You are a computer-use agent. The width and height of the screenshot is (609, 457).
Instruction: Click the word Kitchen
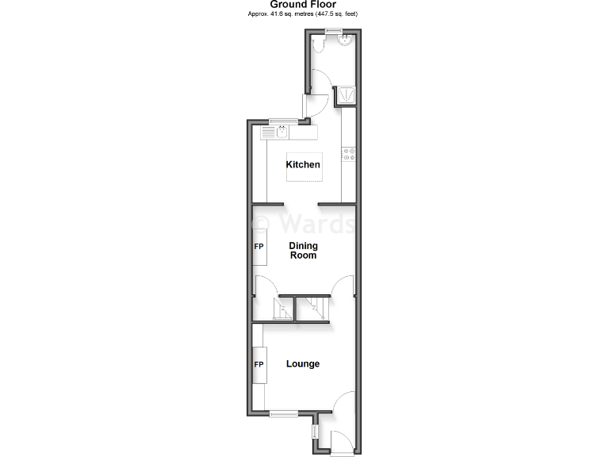pyautogui.click(x=303, y=165)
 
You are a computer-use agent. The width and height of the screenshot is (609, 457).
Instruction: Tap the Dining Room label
pyautogui.click(x=303, y=251)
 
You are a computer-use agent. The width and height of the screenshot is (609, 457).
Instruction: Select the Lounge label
pyautogui.click(x=303, y=364)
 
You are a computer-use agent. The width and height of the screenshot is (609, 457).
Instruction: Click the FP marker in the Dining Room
pyautogui.click(x=259, y=246)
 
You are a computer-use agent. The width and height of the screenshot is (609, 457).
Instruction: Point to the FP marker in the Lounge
pyautogui.click(x=259, y=365)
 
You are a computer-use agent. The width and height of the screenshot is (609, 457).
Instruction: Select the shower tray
pyautogui.click(x=347, y=96)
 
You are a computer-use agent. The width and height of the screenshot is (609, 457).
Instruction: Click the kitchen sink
pyautogui.click(x=282, y=132)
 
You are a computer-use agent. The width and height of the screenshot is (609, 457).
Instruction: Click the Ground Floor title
pyautogui.click(x=303, y=5)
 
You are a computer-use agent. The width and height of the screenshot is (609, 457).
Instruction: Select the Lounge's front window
pyautogui.click(x=283, y=412)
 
